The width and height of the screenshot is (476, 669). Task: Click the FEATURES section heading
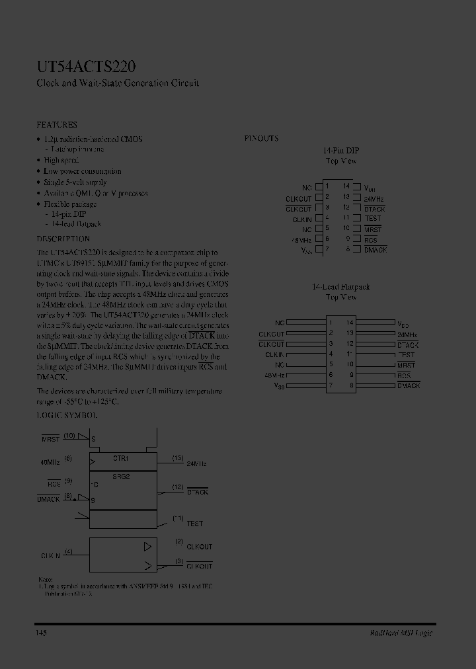tap(57, 124)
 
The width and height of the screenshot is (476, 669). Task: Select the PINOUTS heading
tap(261, 139)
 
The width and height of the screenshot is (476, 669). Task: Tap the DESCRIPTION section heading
tap(63, 239)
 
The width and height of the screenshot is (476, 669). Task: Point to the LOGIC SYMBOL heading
tap(67, 415)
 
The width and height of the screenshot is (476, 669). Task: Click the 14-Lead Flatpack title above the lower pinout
tap(341, 287)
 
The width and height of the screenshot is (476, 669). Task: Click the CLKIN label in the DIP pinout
tap(301, 219)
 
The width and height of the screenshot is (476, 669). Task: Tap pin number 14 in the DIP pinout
tap(346, 187)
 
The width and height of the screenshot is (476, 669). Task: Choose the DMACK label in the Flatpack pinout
tap(409, 385)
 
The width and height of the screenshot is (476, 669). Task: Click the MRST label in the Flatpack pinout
tap(407, 365)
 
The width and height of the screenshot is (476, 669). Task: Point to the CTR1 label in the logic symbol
tap(121, 457)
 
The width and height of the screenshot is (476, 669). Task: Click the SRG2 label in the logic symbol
tap(121, 476)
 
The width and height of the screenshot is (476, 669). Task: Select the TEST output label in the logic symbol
tap(195, 524)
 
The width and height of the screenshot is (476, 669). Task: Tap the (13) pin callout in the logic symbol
tap(178, 457)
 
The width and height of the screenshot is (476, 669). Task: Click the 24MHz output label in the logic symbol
tap(196, 464)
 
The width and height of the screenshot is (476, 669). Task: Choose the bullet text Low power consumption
tap(83, 171)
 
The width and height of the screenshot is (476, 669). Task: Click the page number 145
tap(41, 633)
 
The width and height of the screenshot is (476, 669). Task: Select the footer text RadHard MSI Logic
tap(401, 633)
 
